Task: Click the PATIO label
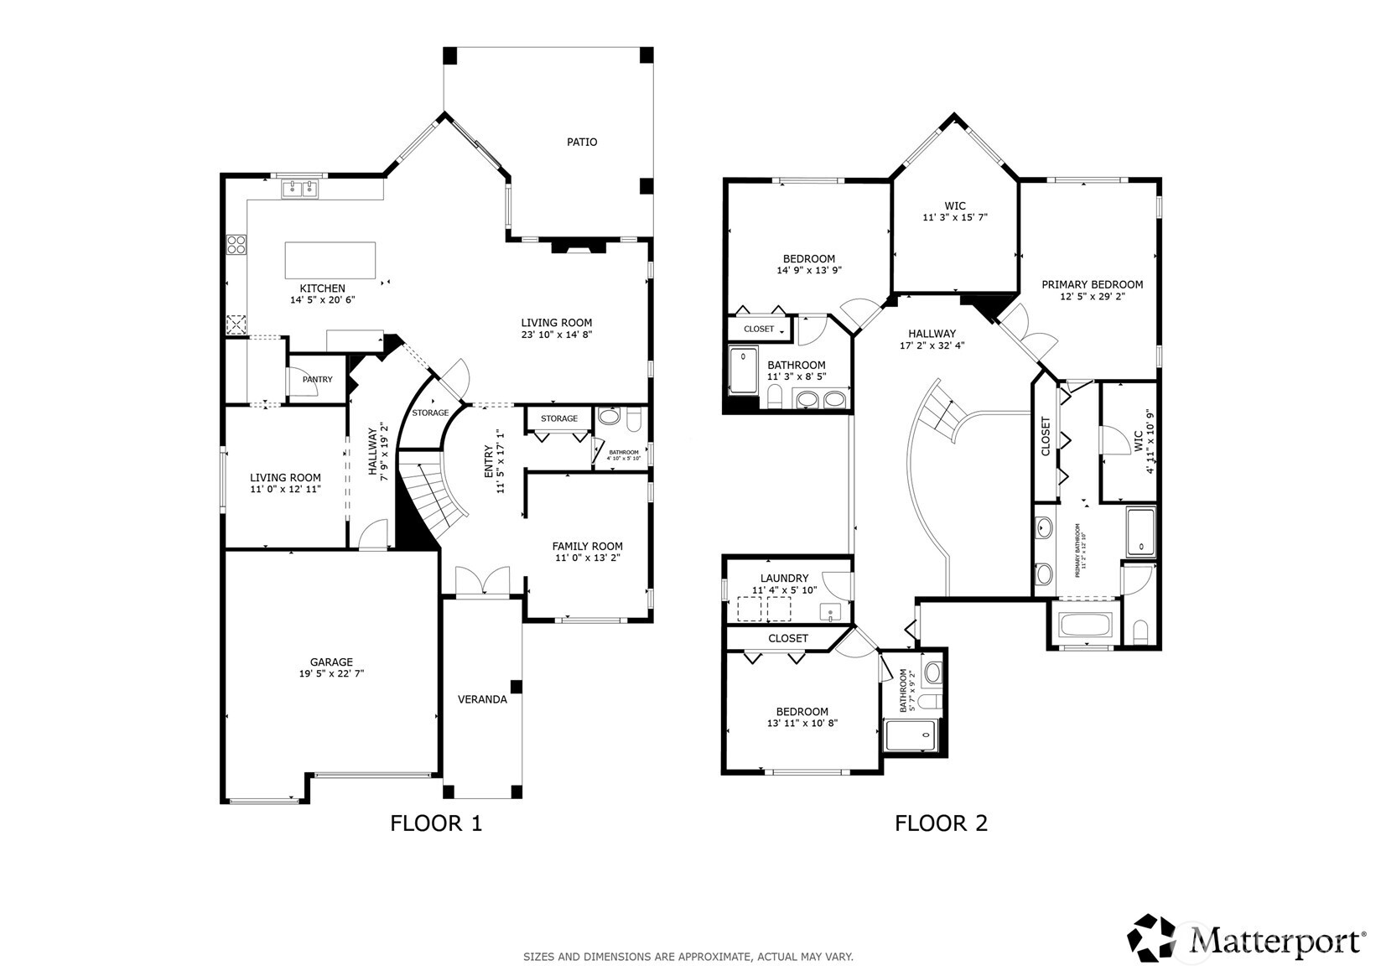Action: tap(581, 143)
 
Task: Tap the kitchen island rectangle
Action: tap(330, 260)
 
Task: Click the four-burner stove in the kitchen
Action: tap(236, 245)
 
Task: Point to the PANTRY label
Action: tap(317, 380)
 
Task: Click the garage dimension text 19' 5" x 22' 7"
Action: tap(331, 674)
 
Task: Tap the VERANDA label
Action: tap(482, 699)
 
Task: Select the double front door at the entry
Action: tap(482, 581)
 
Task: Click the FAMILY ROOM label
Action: tap(587, 547)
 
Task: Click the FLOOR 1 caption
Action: tap(436, 823)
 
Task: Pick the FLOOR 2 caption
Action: tap(941, 823)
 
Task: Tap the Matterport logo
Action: tap(1245, 937)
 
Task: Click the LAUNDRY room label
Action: tap(784, 579)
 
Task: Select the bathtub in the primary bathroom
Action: tap(1085, 626)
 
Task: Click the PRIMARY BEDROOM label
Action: tap(1092, 285)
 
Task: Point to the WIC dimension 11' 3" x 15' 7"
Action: tap(955, 218)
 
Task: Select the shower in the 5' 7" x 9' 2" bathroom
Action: tap(911, 735)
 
